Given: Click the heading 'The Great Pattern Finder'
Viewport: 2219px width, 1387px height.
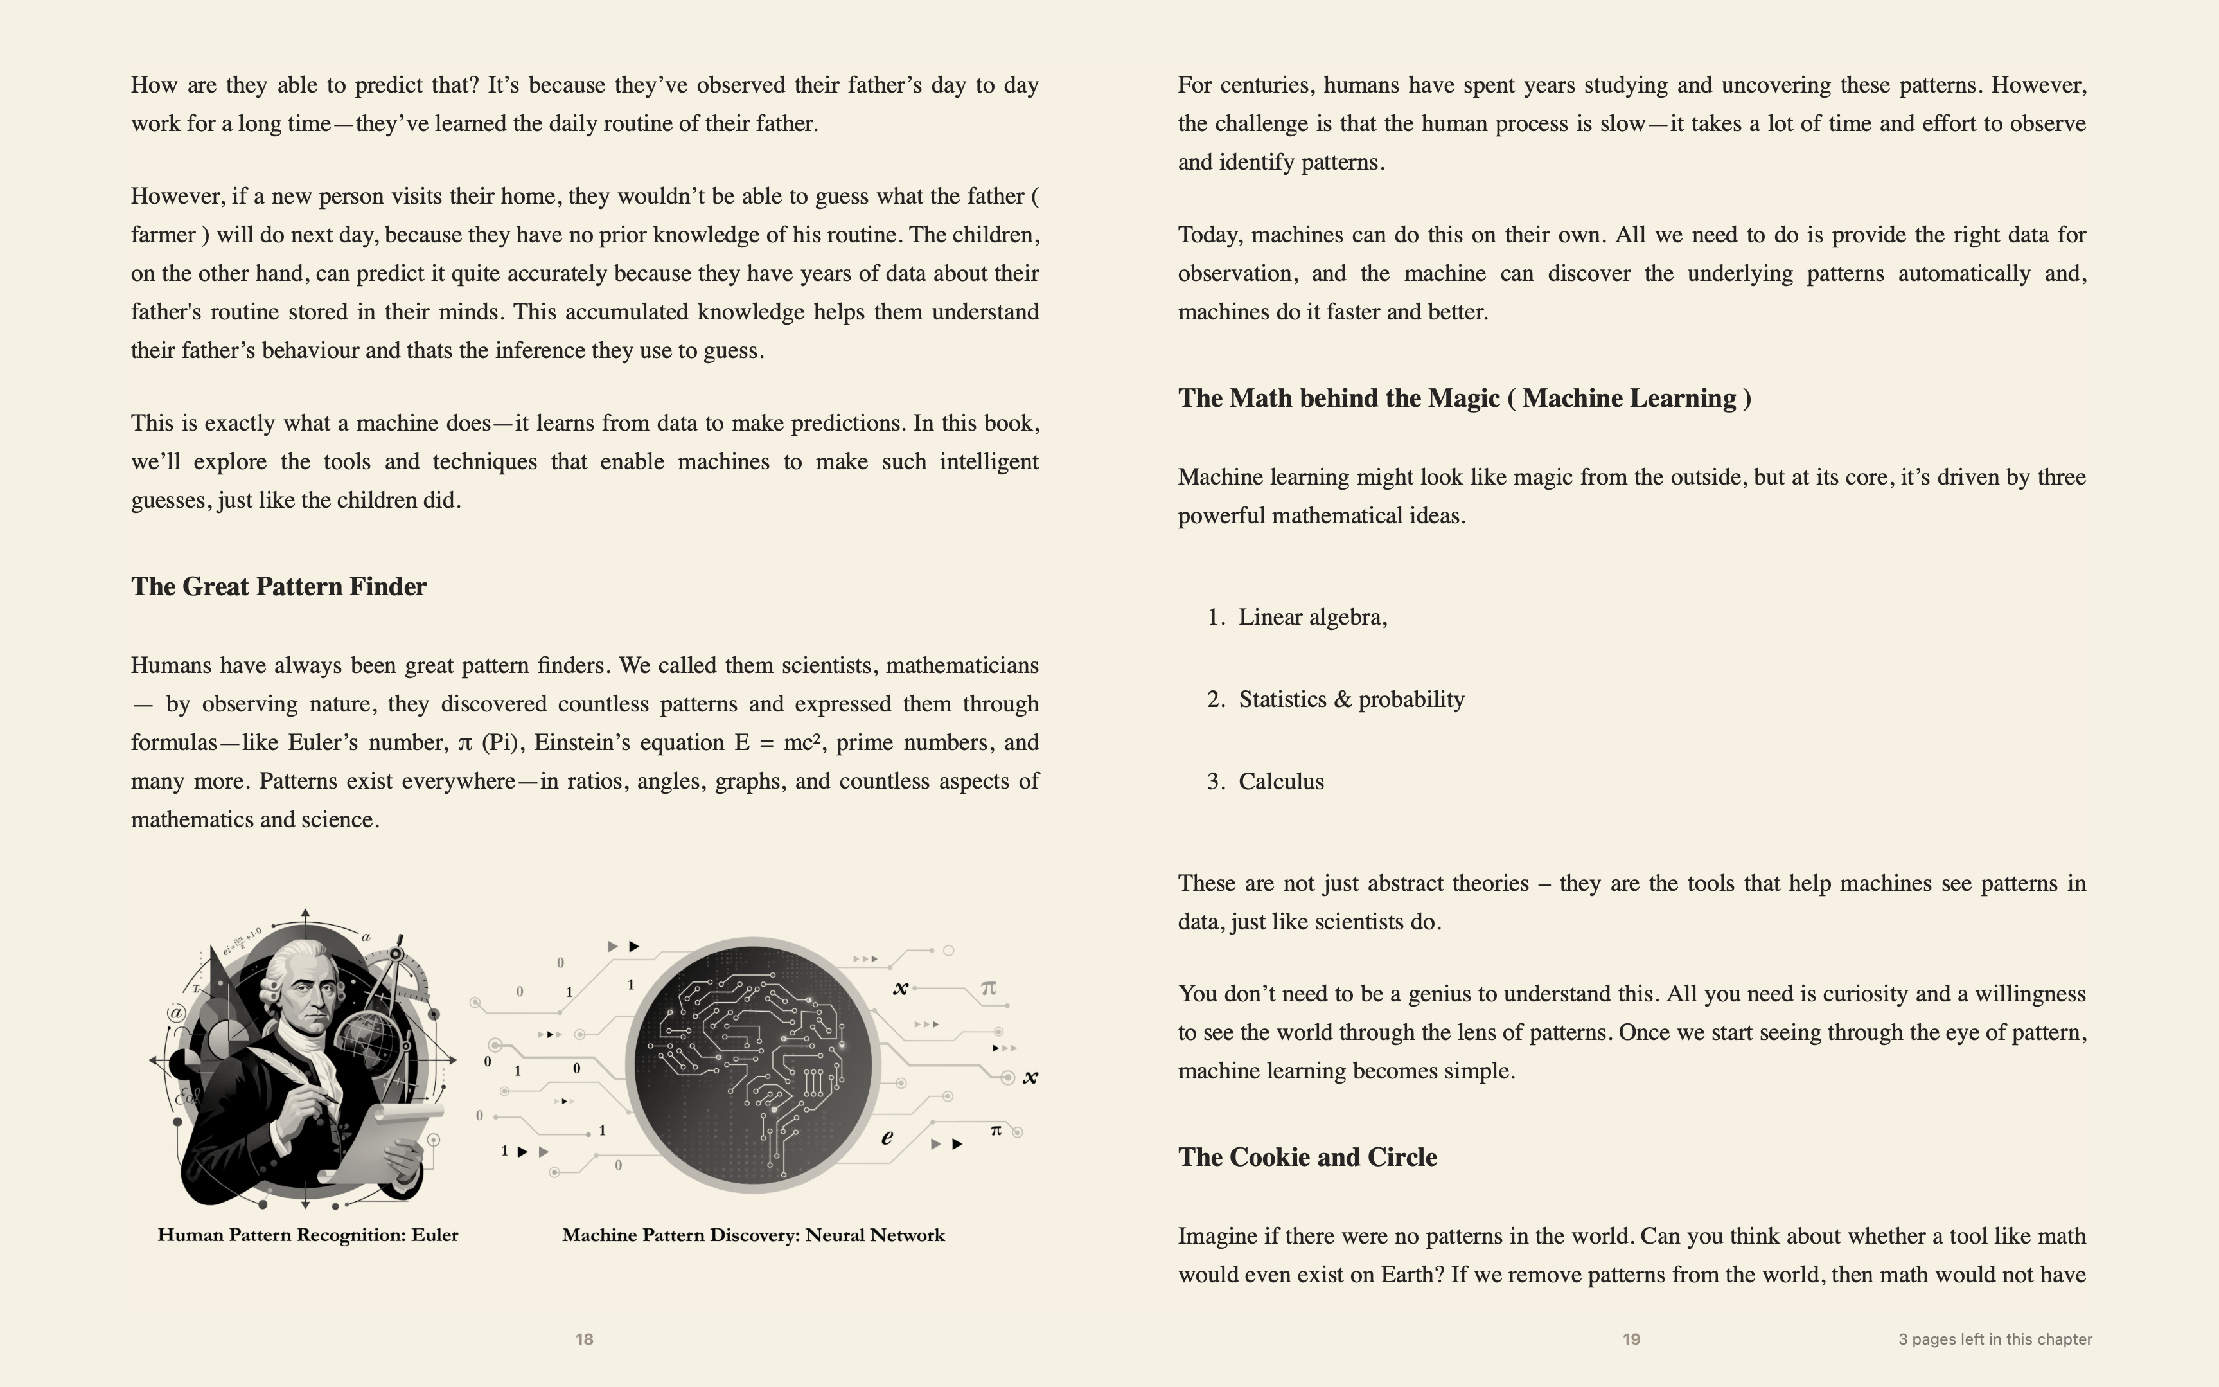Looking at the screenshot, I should pyautogui.click(x=279, y=587).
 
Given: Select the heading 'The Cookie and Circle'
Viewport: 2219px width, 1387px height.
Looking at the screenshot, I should pyautogui.click(x=1307, y=1158).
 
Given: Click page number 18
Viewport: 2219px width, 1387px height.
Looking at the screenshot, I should pyautogui.click(x=584, y=1339).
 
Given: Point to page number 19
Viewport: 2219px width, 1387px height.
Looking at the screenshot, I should pyautogui.click(x=1631, y=1339).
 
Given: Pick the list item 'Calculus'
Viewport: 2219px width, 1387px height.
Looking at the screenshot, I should pyautogui.click(x=1281, y=782).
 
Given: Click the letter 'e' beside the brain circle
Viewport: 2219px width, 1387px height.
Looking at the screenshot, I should pyautogui.click(x=887, y=1138).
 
